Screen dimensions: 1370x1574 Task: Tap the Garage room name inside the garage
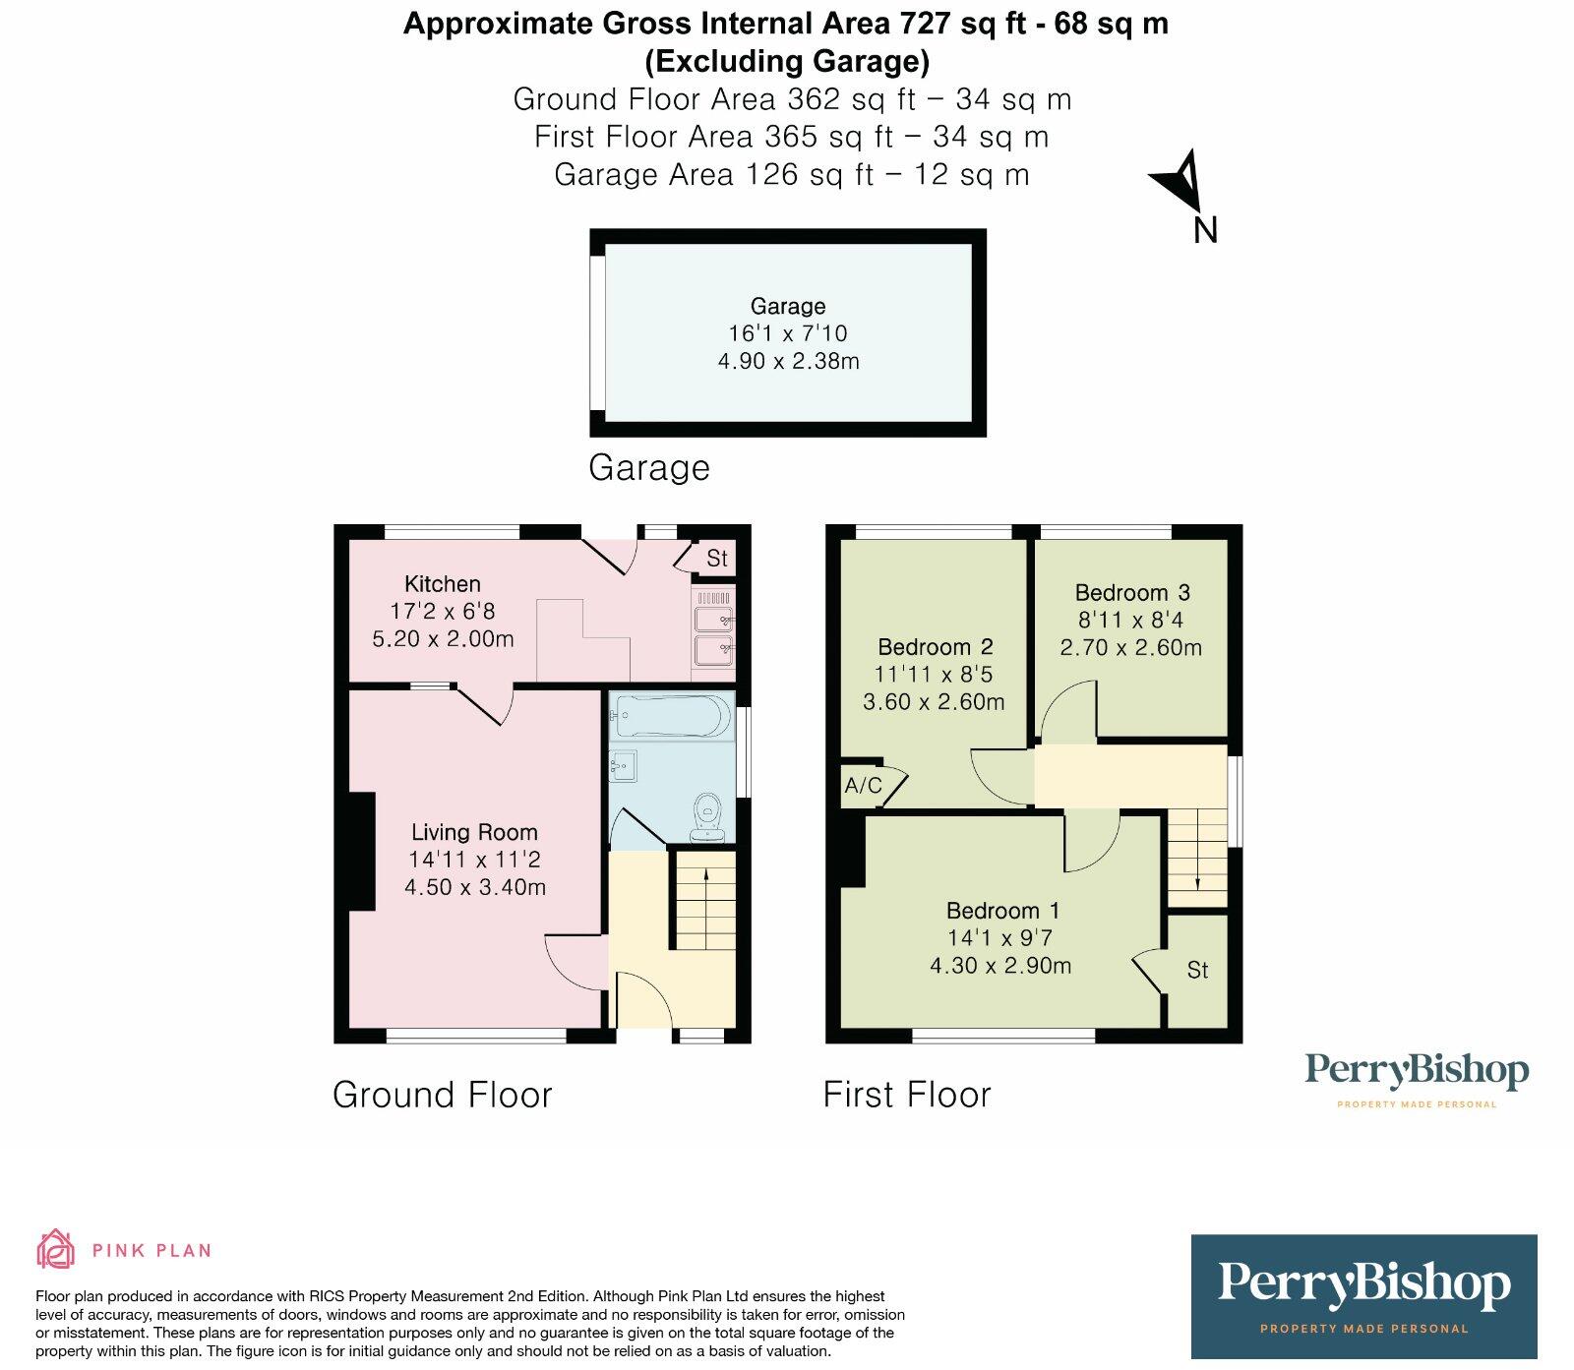tap(788, 306)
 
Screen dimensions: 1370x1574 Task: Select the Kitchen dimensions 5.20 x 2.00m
tap(443, 639)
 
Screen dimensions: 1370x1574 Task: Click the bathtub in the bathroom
tap(671, 717)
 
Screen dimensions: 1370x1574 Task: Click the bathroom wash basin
tap(623, 765)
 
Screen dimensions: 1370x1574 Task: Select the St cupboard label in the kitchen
tap(717, 559)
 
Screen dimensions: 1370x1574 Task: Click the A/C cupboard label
tap(863, 786)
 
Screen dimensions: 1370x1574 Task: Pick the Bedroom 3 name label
tap(1132, 593)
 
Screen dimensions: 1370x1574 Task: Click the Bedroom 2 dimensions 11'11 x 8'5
tap(934, 675)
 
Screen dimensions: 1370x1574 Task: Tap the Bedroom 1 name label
tap(1002, 911)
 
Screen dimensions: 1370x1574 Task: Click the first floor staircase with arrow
tap(1196, 856)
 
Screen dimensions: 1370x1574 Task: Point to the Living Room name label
tap(474, 833)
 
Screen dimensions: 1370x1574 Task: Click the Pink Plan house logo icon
tap(56, 1249)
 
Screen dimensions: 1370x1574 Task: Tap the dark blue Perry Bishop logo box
tap(1363, 1296)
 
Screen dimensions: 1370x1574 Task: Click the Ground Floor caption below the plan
tap(443, 1095)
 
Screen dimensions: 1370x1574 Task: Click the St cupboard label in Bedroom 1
tap(1197, 971)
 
